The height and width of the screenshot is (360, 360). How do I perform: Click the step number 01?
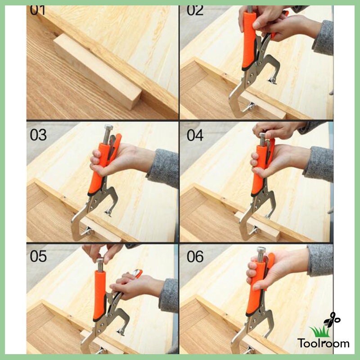click(38, 10)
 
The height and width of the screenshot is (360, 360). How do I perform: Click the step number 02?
click(195, 10)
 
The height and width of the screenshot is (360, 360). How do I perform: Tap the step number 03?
click(38, 134)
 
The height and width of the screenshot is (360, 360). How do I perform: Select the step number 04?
click(195, 134)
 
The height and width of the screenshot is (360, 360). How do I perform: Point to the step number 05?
click(39, 256)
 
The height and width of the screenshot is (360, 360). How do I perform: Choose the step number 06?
click(195, 256)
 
